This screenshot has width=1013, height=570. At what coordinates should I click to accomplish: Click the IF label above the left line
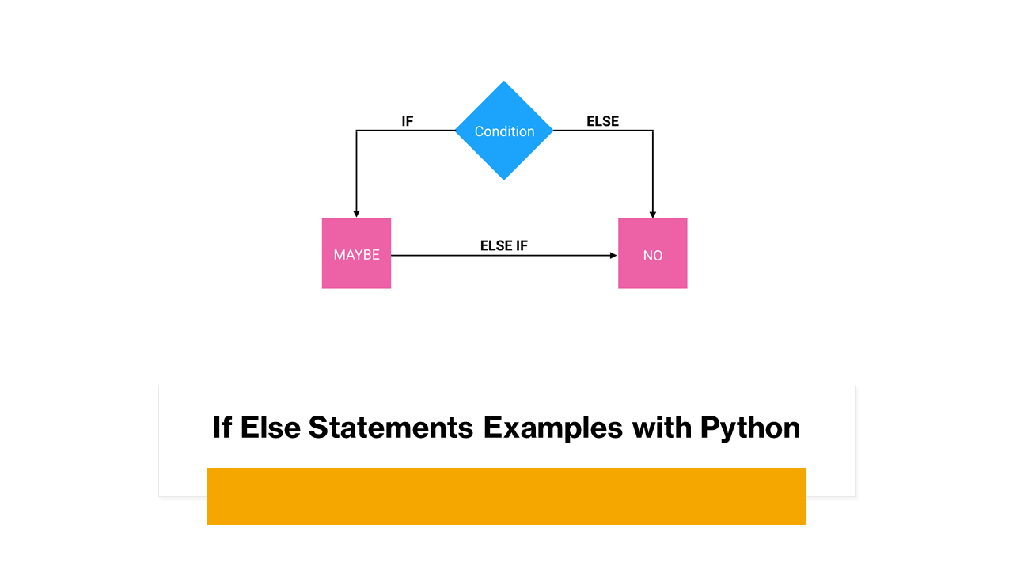(408, 121)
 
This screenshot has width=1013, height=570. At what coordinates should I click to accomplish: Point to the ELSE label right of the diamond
(602, 121)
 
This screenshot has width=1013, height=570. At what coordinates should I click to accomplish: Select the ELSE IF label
(503, 245)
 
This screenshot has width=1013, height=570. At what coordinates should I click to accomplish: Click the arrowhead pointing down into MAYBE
(356, 213)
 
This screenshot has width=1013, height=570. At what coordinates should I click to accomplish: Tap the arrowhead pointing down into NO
(653, 213)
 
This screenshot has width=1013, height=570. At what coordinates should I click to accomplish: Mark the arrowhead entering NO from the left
(613, 256)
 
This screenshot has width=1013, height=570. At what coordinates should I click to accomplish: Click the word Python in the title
(750, 427)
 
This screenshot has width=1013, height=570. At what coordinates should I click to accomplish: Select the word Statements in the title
(391, 427)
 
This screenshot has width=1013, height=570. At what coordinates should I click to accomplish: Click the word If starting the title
(222, 427)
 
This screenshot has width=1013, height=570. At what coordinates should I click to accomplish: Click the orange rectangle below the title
(506, 496)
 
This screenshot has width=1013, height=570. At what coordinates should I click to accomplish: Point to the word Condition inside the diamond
(504, 131)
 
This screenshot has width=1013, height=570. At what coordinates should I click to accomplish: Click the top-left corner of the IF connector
(356, 131)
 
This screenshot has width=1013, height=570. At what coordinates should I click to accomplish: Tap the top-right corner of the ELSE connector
(653, 131)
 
